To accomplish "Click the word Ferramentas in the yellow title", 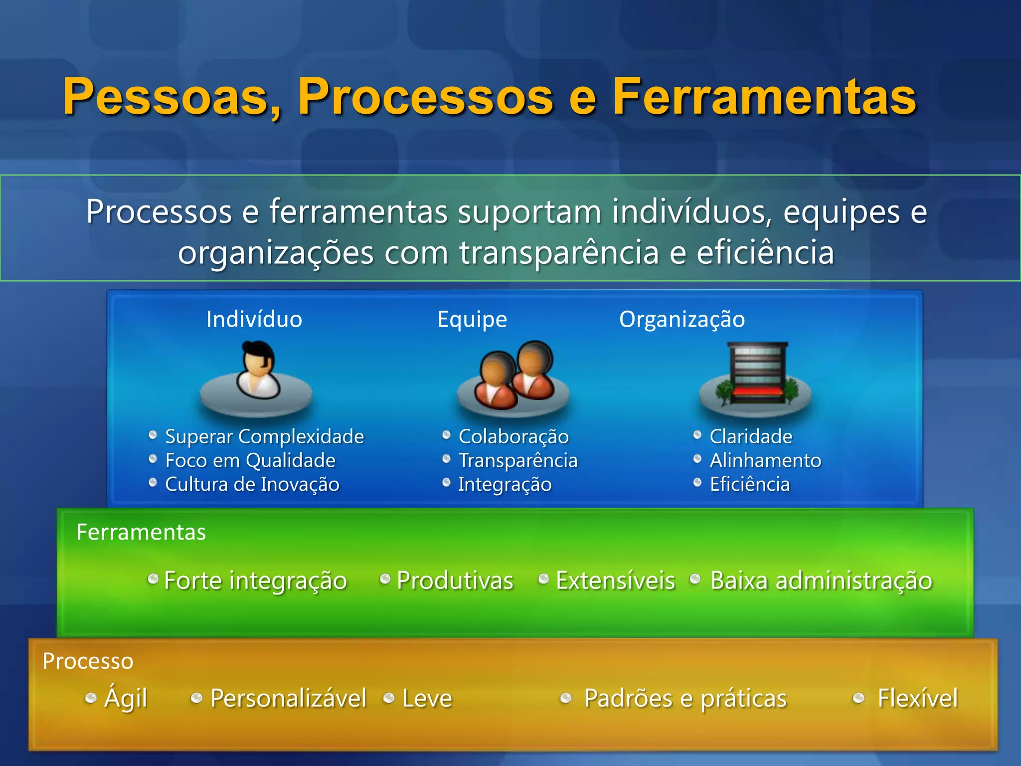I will click(x=764, y=97).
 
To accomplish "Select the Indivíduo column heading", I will click(x=254, y=320).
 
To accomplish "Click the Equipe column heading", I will click(x=472, y=320).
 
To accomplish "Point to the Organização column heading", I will click(x=681, y=320).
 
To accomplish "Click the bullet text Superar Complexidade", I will click(x=264, y=437).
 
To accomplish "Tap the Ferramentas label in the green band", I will click(x=141, y=533).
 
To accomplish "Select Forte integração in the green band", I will click(x=255, y=581).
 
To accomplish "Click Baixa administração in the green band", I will click(x=821, y=581).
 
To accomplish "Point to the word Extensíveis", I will click(x=615, y=581).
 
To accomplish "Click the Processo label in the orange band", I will click(x=88, y=661).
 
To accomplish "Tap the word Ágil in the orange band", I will click(x=126, y=698).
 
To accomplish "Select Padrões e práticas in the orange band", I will click(x=685, y=699).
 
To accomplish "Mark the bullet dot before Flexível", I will click(x=858, y=698).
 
